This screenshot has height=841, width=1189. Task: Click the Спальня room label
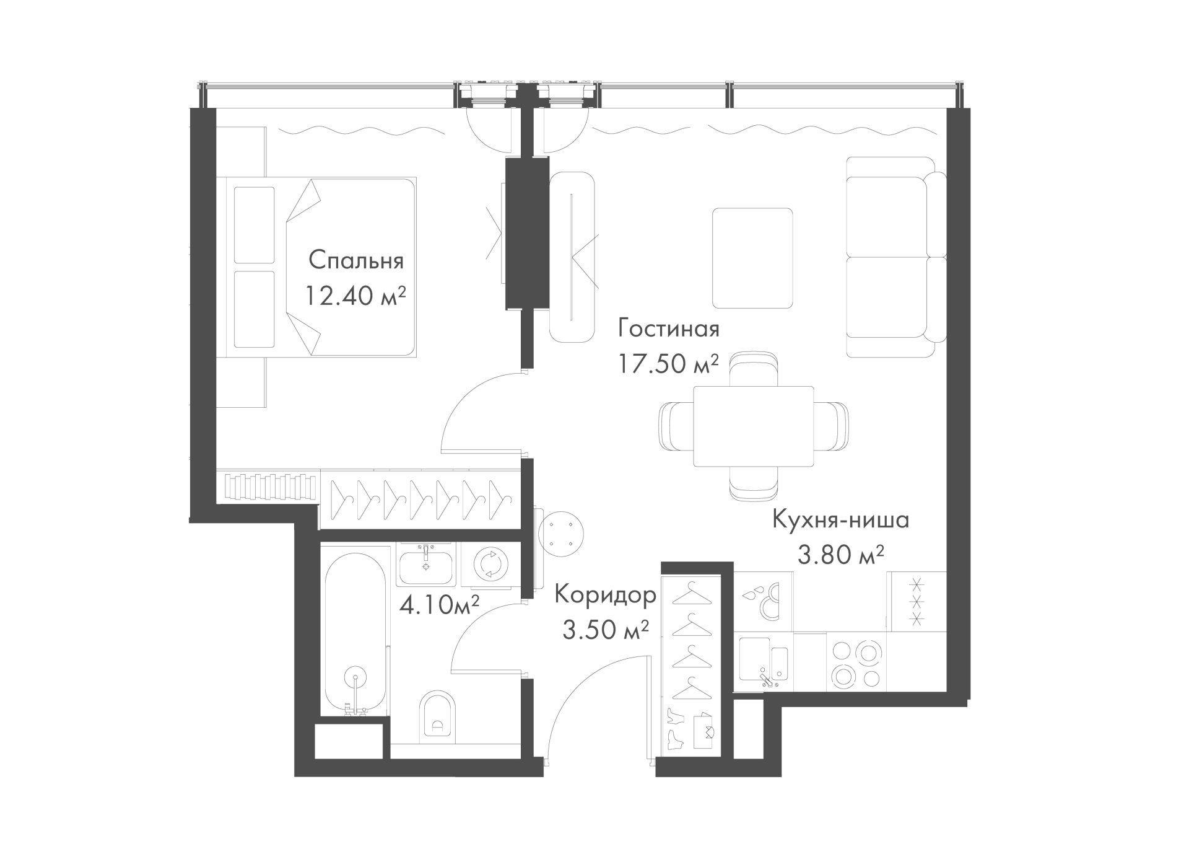pos(356,260)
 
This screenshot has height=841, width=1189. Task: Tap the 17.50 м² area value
pos(668,364)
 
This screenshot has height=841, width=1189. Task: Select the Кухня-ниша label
pos(840,519)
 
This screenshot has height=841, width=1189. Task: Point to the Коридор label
pos(605,595)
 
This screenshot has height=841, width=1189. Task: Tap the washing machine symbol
pos(490,564)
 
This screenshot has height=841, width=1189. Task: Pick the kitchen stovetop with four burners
pos(856,663)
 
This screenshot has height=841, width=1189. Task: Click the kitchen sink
pos(764,661)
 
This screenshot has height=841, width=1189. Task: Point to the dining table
pos(753,426)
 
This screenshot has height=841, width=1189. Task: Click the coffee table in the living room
pos(752,258)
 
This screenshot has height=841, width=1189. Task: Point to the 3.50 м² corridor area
pos(606,630)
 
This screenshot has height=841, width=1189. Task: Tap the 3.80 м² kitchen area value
pos(840,555)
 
